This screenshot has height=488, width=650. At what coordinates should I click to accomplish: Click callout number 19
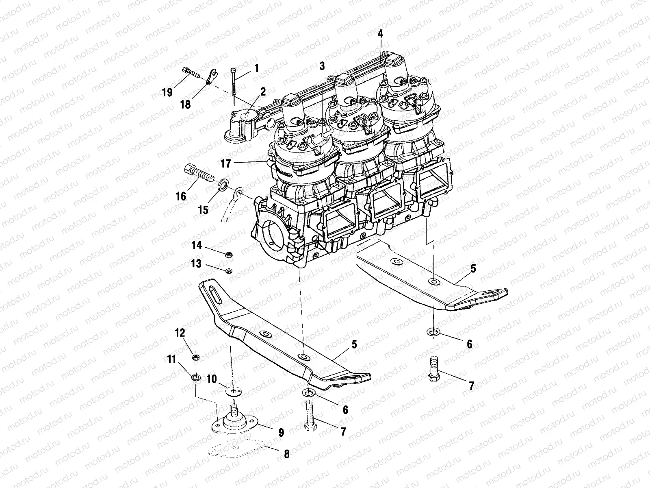pyautogui.click(x=167, y=93)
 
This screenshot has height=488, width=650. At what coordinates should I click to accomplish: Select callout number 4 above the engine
pyautogui.click(x=380, y=34)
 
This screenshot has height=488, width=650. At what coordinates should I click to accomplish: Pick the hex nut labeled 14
pyautogui.click(x=228, y=255)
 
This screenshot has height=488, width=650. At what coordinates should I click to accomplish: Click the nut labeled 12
pyautogui.click(x=195, y=357)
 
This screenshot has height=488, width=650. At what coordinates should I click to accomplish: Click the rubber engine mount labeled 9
pyautogui.click(x=236, y=423)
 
